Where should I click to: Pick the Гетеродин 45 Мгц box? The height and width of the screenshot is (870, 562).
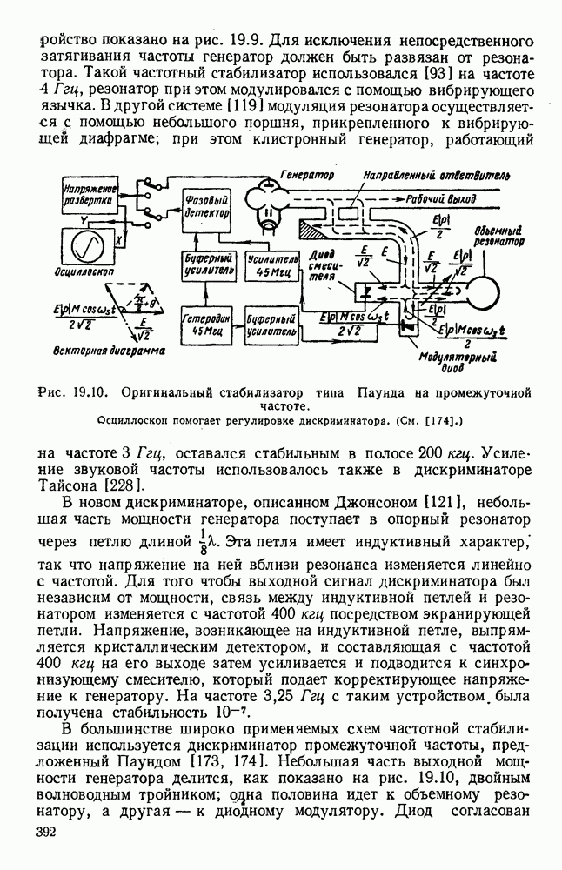pyautogui.click(x=206, y=325)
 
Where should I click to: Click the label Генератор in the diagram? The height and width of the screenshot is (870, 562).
pyautogui.click(x=306, y=176)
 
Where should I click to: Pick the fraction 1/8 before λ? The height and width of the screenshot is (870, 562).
pyautogui.click(x=201, y=539)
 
